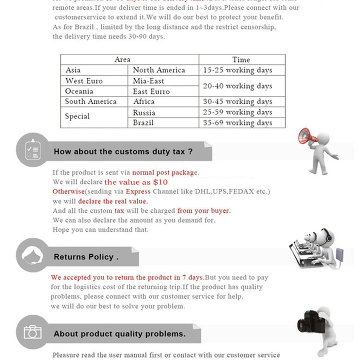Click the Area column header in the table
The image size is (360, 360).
(x=122, y=59)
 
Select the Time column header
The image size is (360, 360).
(x=241, y=59)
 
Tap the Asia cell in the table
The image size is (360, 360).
(x=73, y=70)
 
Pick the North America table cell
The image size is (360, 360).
(x=159, y=70)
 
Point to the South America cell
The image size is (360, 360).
(x=90, y=101)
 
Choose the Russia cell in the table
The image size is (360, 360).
(x=144, y=112)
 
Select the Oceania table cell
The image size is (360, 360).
(x=79, y=91)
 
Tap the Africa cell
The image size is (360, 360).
(x=144, y=101)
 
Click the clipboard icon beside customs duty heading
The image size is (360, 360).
(x=33, y=149)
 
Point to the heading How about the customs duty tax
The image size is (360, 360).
(x=123, y=151)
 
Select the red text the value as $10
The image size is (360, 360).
(x=136, y=182)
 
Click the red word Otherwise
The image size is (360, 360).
(x=68, y=191)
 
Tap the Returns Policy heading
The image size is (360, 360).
(x=86, y=257)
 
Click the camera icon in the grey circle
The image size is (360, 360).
(x=33, y=332)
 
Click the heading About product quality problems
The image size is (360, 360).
(x=119, y=333)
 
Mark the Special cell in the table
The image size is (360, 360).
(x=77, y=116)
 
